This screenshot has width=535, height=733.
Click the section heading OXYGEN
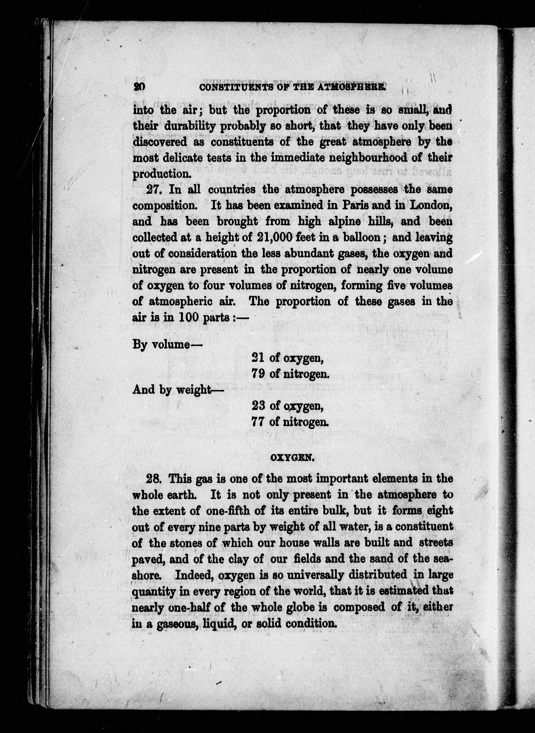pos(291,457)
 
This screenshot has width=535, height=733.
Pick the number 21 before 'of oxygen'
pos(258,358)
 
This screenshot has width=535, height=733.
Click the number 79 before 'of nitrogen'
pos(258,374)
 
